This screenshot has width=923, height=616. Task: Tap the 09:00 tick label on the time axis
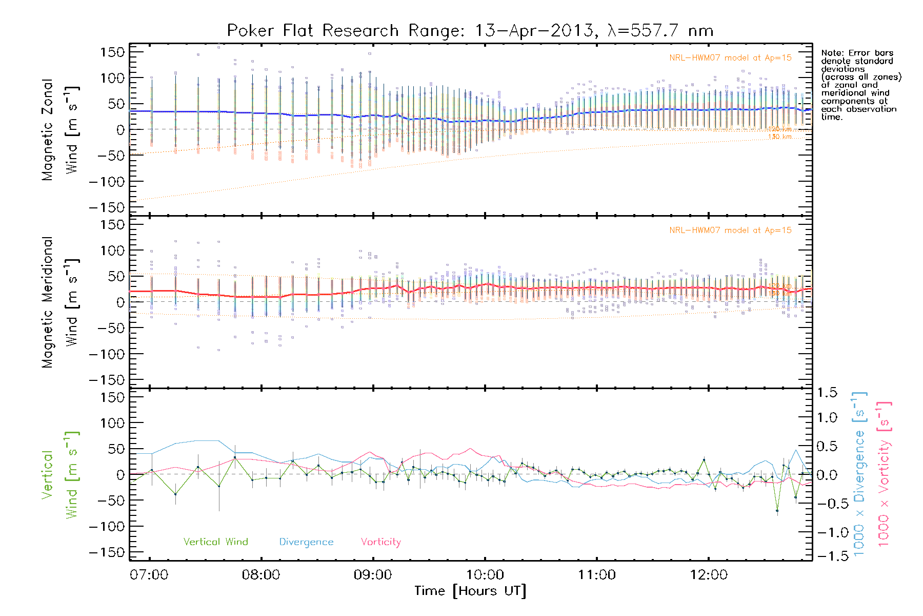[373, 575]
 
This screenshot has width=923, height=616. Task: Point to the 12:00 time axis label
[709, 575]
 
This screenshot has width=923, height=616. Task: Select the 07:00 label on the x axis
[149, 575]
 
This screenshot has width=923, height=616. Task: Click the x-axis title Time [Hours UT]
[470, 591]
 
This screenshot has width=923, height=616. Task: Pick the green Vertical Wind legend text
[215, 542]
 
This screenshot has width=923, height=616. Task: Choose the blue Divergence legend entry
[306, 542]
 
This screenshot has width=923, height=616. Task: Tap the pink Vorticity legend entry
[380, 542]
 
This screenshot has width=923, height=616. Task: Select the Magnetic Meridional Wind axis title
[60, 302]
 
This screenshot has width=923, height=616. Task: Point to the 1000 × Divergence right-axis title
[859, 474]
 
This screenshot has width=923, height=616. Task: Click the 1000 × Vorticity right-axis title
[884, 474]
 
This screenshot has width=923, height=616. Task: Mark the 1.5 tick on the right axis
[827, 393]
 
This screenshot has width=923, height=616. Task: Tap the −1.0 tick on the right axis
[827, 532]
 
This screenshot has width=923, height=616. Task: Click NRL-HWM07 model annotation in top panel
[730, 58]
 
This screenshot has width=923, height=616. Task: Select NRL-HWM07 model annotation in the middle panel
[730, 230]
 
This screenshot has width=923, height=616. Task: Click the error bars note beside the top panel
[860, 85]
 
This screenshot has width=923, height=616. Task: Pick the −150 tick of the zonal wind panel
[107, 208]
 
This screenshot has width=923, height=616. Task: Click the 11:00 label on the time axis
[597, 575]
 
